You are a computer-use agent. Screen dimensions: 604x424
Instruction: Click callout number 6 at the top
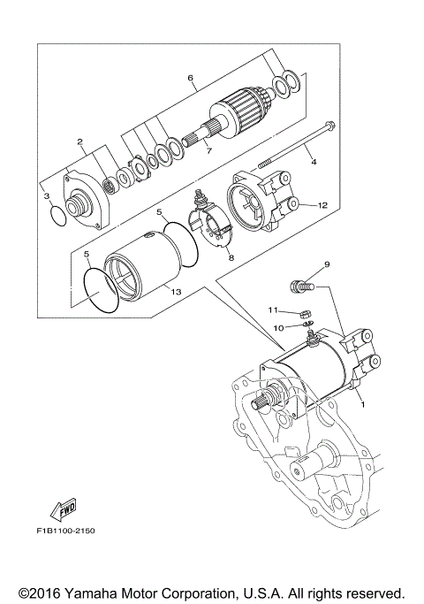[190, 78]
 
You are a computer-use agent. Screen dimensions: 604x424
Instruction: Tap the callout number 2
[79, 141]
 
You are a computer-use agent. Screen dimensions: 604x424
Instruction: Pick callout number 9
[326, 264]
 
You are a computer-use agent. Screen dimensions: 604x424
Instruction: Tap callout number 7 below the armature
[208, 150]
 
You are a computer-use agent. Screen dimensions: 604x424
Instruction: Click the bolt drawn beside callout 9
[300, 287]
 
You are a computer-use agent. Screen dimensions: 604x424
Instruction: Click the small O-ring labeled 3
[57, 214]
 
